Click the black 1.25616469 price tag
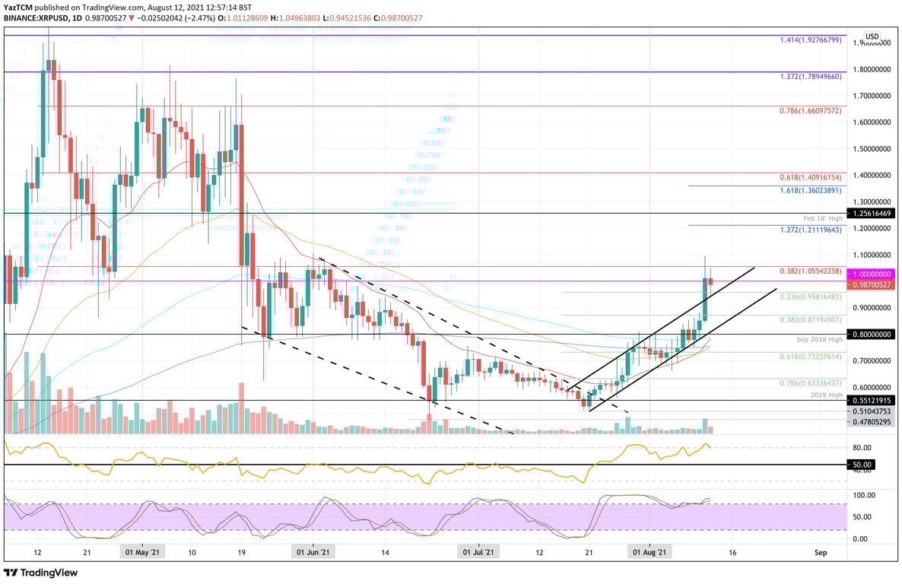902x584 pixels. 871,214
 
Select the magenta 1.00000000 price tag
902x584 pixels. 871,274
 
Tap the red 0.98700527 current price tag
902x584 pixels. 871,284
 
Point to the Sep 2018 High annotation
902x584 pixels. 820,338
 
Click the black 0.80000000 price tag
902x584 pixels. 871,334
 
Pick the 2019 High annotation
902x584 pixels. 827,395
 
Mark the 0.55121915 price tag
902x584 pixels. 871,400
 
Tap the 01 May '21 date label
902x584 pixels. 141,552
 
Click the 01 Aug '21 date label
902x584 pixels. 652,552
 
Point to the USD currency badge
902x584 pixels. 872,36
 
